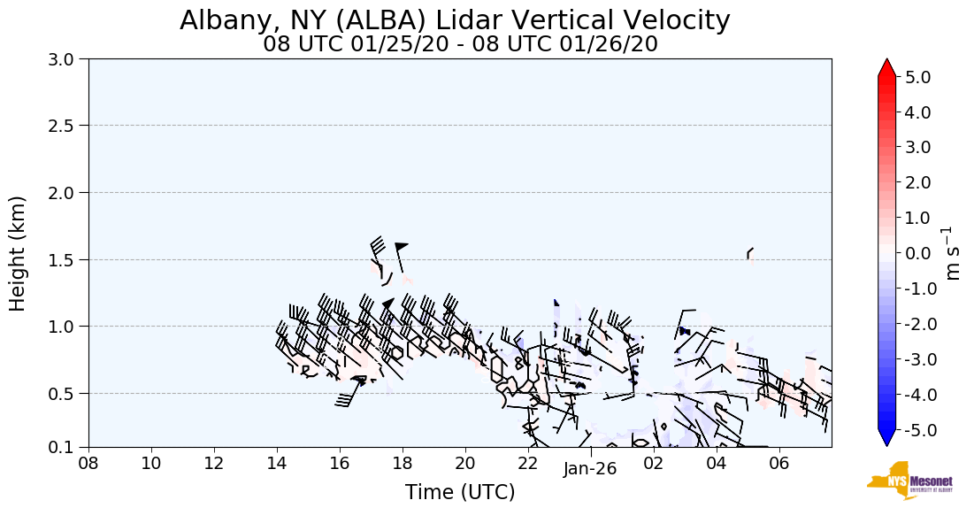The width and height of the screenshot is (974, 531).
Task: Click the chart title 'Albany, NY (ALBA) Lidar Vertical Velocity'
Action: (455, 20)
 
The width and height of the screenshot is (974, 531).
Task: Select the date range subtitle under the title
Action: (460, 44)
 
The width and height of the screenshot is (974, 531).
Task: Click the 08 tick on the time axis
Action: (88, 463)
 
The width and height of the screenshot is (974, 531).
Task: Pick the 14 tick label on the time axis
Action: (277, 463)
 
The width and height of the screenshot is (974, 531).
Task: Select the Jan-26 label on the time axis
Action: (590, 469)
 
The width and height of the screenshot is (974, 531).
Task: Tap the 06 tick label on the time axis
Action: (779, 463)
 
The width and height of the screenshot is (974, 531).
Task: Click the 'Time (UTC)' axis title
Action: (460, 492)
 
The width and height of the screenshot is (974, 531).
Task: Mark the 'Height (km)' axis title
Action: (19, 253)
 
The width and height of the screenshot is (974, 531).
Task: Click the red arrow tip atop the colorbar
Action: (887, 66)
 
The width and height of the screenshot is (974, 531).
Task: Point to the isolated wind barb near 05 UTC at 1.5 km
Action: (750, 253)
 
